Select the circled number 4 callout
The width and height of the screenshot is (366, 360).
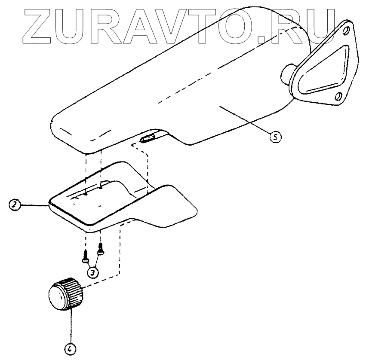69,349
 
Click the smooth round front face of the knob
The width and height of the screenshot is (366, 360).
56,296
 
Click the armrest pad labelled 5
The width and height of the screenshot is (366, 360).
172,86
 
